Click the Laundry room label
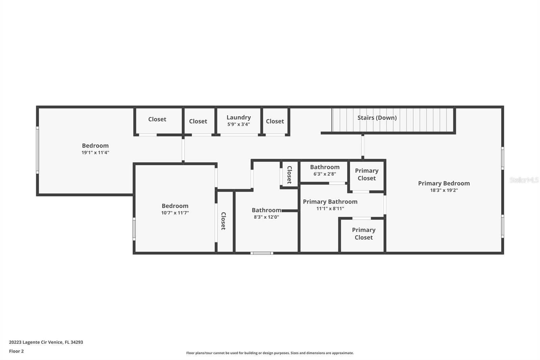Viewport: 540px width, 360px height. tap(239, 118)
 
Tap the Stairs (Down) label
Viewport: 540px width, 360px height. tap(377, 118)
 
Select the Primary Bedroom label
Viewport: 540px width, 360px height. tap(444, 183)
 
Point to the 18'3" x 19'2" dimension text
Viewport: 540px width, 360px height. tap(444, 190)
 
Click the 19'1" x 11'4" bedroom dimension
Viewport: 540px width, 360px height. tap(95, 153)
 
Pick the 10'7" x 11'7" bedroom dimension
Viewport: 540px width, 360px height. tap(175, 213)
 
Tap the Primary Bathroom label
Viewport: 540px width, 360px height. tap(330, 202)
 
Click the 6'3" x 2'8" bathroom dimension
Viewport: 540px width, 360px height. tap(325, 174)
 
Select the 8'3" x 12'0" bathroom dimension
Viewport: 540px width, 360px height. tap(266, 217)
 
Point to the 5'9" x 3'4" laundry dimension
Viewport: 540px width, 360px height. tap(239, 125)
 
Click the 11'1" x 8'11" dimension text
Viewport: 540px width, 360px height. tap(330, 208)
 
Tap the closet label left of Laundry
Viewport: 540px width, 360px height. tap(198, 121)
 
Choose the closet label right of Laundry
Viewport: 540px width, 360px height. tap(275, 121)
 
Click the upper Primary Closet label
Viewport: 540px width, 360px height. tap(367, 175)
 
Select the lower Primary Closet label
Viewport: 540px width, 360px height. tap(363, 234)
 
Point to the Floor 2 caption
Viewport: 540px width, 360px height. tap(17, 351)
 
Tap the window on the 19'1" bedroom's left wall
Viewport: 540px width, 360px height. tap(37, 150)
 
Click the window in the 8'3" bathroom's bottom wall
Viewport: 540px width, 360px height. tap(262, 253)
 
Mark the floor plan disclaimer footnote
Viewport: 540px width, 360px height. tap(270, 353)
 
